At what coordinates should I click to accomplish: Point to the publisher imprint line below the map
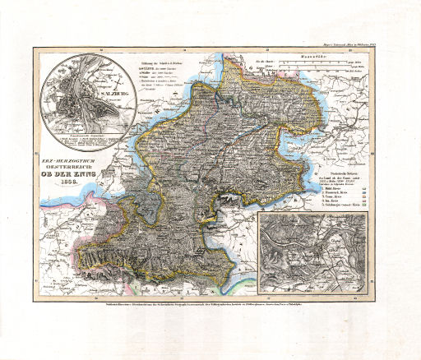[x=210, y=305]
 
